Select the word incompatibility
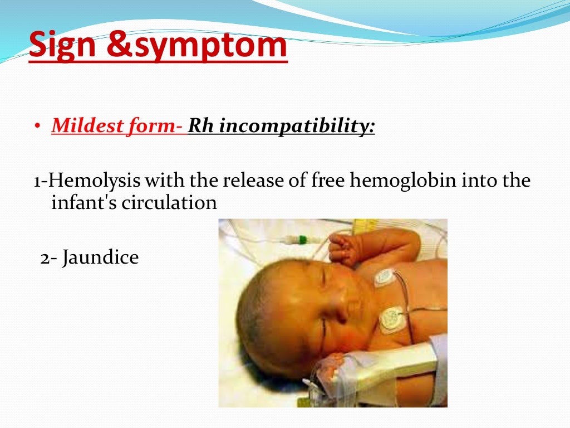(x=297, y=127)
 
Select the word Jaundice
(x=100, y=258)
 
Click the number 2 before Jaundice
(x=45, y=258)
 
